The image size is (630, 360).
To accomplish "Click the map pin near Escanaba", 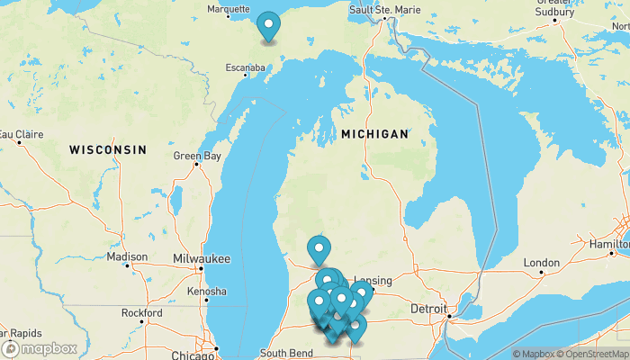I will point(268,26).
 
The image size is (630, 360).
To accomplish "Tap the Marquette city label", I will point(229,9).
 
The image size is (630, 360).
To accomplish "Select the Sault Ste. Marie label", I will point(384,9).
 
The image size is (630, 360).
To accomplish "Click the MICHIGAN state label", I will point(374,134).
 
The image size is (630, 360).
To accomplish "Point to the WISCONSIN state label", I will point(108,148).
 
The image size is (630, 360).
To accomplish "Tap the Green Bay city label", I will point(197,156).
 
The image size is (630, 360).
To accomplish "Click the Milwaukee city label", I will point(202,258).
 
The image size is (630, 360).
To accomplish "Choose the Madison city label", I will point(127,256).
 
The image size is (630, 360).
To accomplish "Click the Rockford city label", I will point(143,313).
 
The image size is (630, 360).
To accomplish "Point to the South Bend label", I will point(286,354).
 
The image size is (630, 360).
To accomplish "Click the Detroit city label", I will point(428,308).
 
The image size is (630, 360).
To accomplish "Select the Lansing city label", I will point(373,280).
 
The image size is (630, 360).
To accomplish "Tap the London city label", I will point(541,263).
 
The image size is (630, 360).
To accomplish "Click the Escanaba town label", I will point(245,67).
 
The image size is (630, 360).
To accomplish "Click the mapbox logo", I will point(40,348).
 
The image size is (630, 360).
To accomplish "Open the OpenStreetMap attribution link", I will point(595,354).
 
